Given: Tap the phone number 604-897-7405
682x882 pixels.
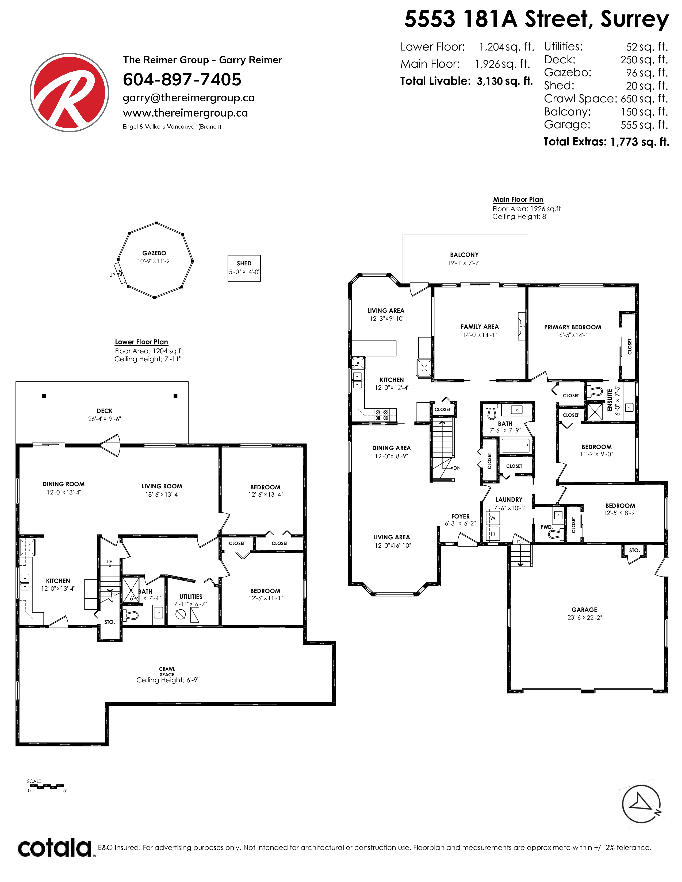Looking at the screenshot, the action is tap(182, 80).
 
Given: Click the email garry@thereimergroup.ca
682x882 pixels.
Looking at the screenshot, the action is tap(189, 98).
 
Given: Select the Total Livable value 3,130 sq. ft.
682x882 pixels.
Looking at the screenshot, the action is tap(505, 81).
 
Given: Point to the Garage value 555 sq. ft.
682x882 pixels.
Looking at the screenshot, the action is tap(644, 125).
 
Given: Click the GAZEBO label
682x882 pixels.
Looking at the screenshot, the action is tap(154, 253).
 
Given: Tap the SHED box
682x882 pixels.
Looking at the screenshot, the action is tap(244, 268).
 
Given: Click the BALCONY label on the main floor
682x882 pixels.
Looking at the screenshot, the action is tap(464, 255).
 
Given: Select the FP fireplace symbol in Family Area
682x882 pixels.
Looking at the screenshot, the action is tap(522, 326).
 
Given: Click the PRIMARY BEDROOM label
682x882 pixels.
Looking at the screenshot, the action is tap(573, 327).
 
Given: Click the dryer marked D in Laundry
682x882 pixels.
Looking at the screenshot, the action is tap(493, 534).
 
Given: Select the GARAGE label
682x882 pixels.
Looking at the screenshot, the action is tap(584, 610).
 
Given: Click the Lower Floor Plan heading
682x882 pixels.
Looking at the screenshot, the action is tap(141, 342).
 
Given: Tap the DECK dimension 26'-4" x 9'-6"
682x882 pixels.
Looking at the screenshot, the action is tap(105, 419).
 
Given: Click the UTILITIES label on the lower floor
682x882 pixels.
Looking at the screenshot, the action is tap(191, 597).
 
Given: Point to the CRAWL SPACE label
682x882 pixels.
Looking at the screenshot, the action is tap(167, 672).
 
